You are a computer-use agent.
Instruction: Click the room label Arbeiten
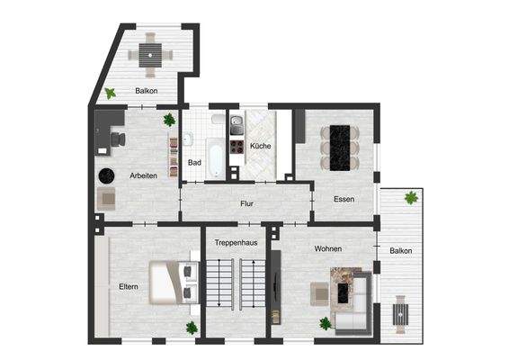click(144, 175)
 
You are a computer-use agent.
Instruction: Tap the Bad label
click(194, 163)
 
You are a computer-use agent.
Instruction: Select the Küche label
click(260, 146)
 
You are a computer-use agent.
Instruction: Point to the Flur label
click(246, 204)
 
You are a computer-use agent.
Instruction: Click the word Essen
click(344, 199)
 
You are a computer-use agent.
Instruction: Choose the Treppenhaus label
click(234, 243)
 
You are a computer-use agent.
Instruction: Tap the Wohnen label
click(327, 248)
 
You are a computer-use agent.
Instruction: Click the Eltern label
click(129, 286)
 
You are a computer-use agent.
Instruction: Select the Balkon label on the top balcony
click(147, 91)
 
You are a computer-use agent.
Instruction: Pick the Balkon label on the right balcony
click(401, 251)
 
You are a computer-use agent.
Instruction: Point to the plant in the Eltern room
click(191, 328)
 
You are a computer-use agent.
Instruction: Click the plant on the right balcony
click(411, 197)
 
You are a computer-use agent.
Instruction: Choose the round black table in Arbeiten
click(107, 175)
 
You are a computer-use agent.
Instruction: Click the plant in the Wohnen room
click(325, 323)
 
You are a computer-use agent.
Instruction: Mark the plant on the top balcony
click(110, 92)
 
